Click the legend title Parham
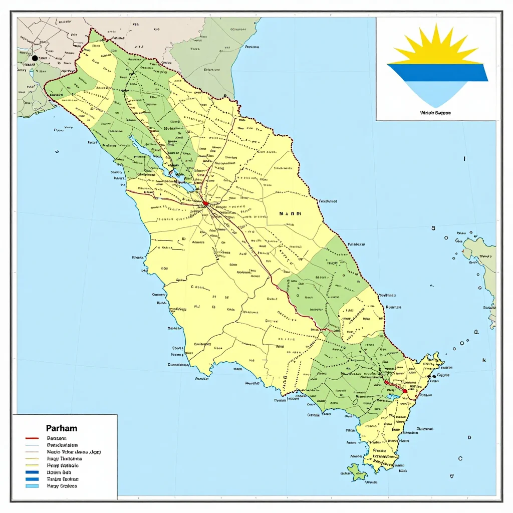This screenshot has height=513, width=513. point(61,428)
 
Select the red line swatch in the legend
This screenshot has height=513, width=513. point(32,438)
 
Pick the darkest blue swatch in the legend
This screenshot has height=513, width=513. point(32,472)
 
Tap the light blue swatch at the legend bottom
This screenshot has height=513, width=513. point(32,485)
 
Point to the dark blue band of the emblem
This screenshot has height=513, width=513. point(437,72)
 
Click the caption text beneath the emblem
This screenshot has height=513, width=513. point(436,113)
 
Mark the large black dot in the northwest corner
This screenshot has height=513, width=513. point(35,58)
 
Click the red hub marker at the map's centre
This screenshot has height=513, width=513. point(205,203)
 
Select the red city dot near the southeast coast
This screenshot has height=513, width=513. point(405,391)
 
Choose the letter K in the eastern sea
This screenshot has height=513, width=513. point(484,360)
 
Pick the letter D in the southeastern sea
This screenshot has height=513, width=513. point(469,437)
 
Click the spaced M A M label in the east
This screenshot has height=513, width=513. point(291,213)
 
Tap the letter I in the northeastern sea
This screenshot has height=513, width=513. point(464,158)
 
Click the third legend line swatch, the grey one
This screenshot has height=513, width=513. point(32,451)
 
